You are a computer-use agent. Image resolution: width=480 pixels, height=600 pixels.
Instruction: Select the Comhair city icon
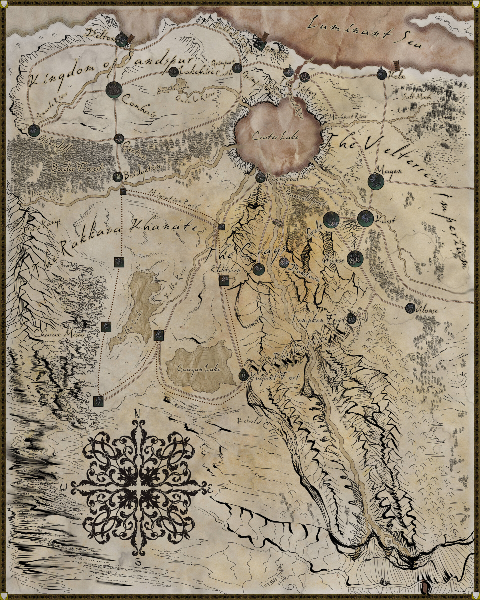click(x=114, y=89)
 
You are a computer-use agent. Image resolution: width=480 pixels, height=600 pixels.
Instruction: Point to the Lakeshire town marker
click(x=173, y=72)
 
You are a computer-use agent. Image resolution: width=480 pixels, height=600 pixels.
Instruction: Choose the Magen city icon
click(x=376, y=181)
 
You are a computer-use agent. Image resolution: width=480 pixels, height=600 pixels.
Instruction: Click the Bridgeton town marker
click(x=118, y=177)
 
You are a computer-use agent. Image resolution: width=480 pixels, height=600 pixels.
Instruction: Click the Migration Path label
click(x=175, y=200)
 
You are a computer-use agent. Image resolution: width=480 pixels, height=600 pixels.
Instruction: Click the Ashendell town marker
click(x=34, y=130)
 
